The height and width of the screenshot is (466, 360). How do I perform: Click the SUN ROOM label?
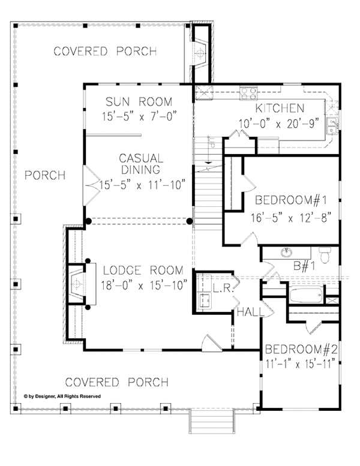tap(139, 101)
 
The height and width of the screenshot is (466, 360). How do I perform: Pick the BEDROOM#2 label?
tap(299, 349)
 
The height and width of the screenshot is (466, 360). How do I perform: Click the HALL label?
tap(247, 312)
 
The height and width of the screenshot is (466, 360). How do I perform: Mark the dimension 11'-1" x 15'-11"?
tap(299, 363)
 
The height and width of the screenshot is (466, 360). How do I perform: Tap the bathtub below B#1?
tap(305, 296)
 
